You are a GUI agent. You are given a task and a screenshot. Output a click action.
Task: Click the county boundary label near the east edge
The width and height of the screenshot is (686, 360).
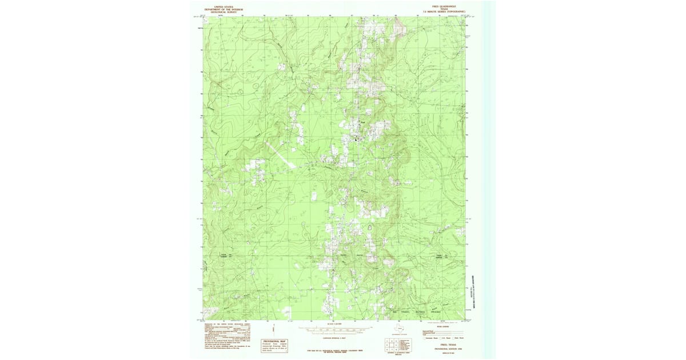coord(440,255)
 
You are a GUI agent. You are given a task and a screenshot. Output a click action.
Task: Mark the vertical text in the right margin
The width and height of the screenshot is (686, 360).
coord(473,286)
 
